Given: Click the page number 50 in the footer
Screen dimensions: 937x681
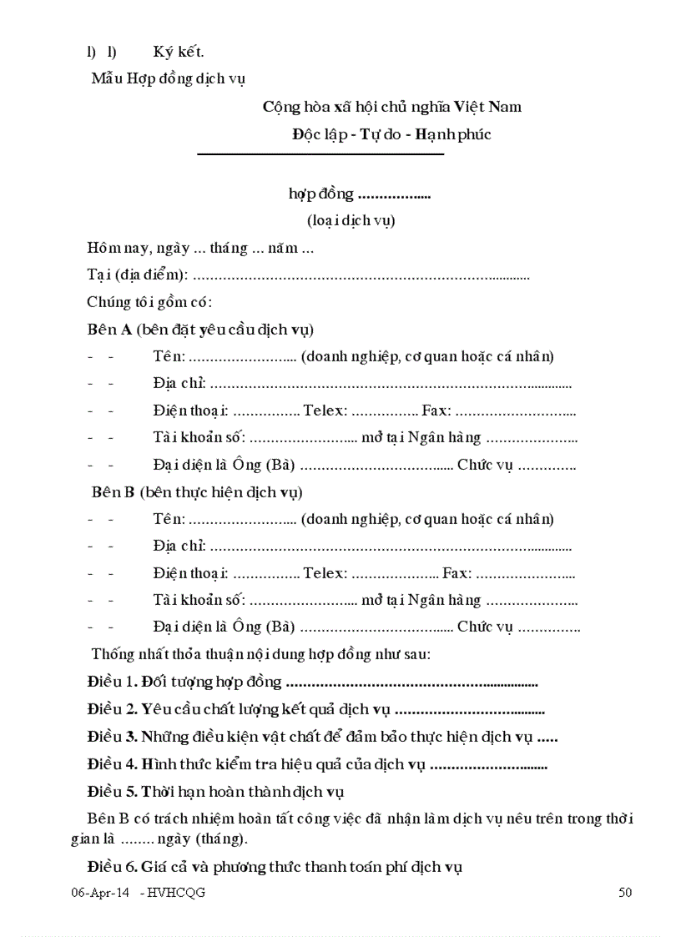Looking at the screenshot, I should click(625, 893).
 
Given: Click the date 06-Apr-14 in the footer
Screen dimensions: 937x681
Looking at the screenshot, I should click(99, 893).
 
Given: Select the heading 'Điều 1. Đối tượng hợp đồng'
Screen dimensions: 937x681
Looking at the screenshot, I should click(184, 683).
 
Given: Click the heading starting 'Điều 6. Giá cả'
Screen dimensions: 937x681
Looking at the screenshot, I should click(275, 867).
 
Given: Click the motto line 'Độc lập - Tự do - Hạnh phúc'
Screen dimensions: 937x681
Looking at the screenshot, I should click(391, 133).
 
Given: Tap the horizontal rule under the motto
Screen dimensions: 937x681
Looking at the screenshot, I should click(320, 154).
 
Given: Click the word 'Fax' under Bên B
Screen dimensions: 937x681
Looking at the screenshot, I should click(456, 573).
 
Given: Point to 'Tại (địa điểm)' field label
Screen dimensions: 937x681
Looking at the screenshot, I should click(137, 275).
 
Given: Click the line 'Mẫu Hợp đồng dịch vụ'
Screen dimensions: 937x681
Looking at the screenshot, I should click(168, 79).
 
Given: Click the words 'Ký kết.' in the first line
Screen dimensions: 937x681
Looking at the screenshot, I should click(179, 53).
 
